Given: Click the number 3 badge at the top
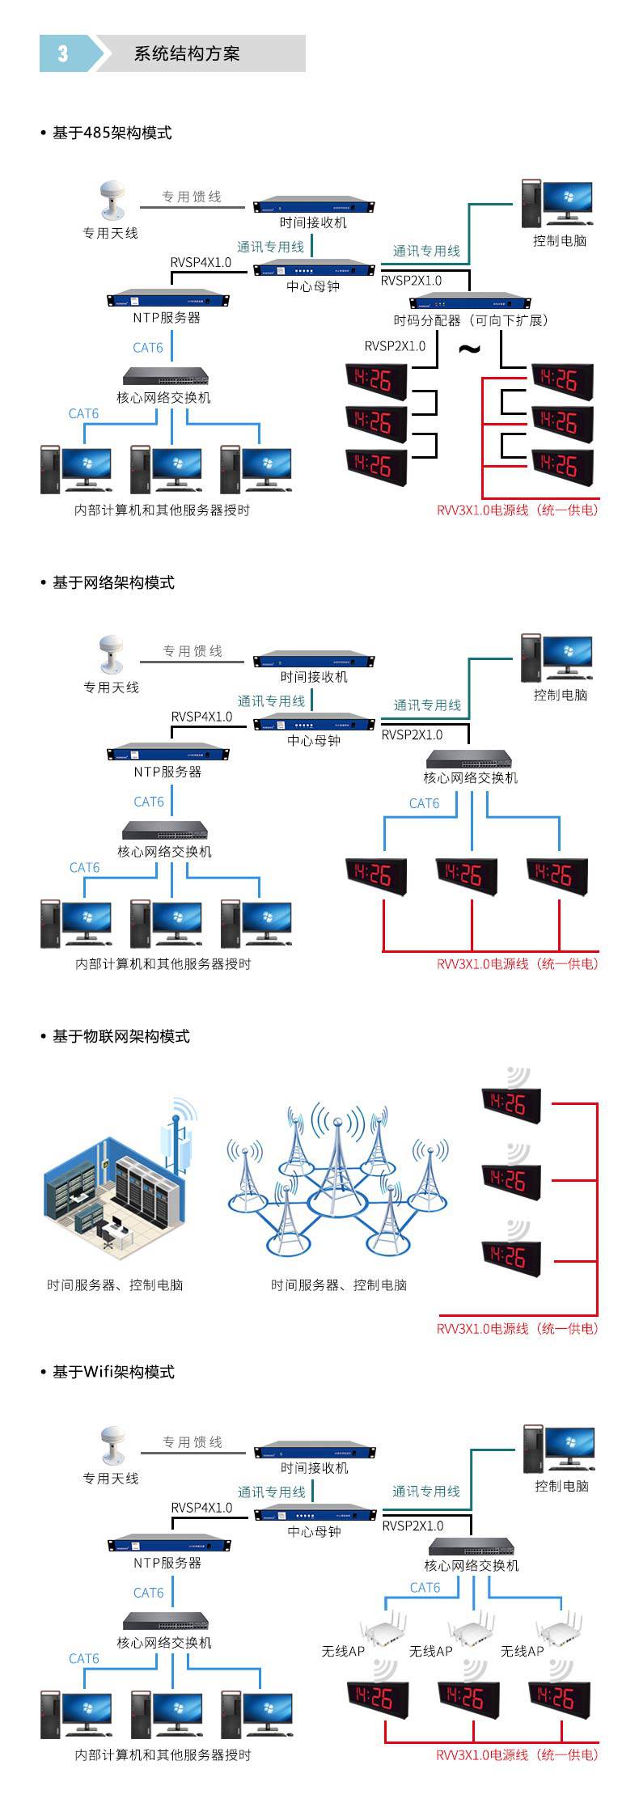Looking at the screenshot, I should click(x=63, y=54).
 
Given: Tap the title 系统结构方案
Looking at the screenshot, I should click(x=187, y=54).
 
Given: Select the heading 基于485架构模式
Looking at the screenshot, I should click(x=112, y=133).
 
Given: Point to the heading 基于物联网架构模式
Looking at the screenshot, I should click(x=121, y=1036).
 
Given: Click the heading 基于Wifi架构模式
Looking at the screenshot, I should click(x=113, y=1372).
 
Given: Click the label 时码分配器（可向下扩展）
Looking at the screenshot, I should click(x=471, y=320).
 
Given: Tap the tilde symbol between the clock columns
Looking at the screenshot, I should click(x=469, y=349).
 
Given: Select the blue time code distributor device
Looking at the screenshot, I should click(x=468, y=303).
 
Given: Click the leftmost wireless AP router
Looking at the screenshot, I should click(x=381, y=1631).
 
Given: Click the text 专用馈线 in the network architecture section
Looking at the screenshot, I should click(x=193, y=651).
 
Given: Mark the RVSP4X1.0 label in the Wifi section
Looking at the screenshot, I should click(x=201, y=1507).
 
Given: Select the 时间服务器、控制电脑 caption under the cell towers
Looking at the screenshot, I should click(x=338, y=1285).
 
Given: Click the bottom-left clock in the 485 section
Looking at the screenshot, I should click(x=376, y=465).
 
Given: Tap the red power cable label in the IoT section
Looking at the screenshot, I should click(x=517, y=1328).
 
